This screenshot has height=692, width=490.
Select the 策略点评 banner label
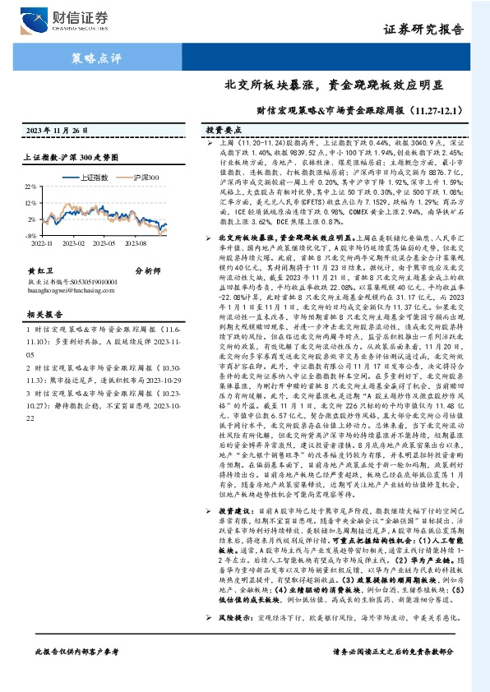pyautogui.click(x=95, y=59)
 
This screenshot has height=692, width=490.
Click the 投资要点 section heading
pyautogui.click(x=222, y=131)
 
